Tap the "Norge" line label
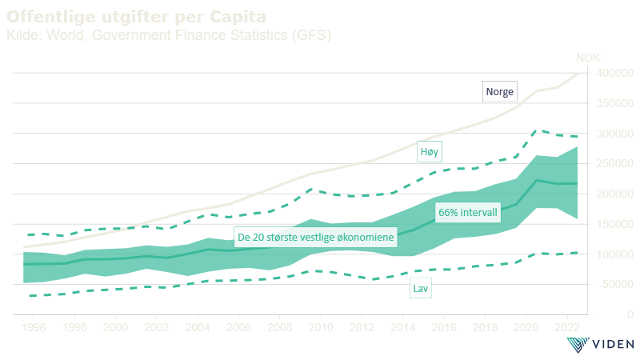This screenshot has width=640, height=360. coord(499,91)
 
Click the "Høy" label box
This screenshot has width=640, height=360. coord(430,151)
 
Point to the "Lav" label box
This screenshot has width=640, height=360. coord(420,289)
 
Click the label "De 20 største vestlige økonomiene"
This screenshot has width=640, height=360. coord(316,238)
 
